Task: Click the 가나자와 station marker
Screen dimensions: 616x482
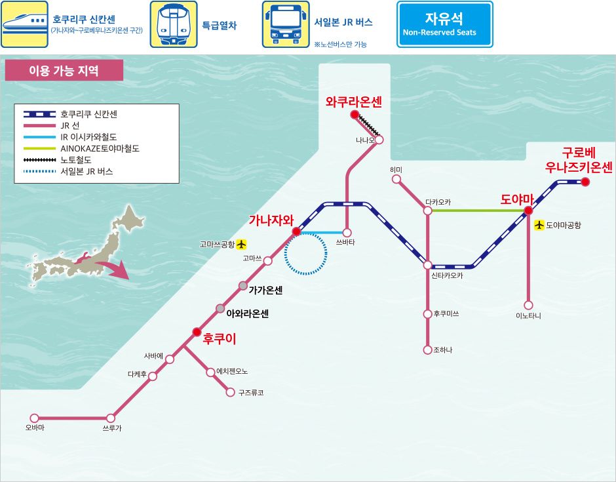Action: (297, 231)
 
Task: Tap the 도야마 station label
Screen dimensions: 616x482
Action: (516, 199)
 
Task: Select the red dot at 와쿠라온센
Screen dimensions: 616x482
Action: (355, 114)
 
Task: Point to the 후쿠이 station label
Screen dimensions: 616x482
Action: (220, 338)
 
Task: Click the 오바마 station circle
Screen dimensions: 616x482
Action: (35, 418)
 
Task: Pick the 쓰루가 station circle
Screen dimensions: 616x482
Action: (111, 418)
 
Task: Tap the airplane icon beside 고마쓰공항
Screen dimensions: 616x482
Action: (241, 244)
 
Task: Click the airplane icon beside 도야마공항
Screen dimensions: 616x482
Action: (539, 225)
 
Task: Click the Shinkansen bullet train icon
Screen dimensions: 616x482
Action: (24, 24)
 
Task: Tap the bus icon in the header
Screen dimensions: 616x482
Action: (286, 24)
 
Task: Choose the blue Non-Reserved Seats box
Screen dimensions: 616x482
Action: (444, 24)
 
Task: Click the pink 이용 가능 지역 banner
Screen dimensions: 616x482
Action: (64, 70)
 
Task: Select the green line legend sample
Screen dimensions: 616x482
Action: (40, 149)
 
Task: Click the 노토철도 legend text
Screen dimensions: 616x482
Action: (76, 160)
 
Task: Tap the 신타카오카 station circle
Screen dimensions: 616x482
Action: (427, 266)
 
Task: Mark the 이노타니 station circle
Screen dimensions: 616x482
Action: (528, 305)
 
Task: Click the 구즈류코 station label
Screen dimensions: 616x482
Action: (251, 392)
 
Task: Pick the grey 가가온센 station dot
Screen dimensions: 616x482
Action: (243, 286)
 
